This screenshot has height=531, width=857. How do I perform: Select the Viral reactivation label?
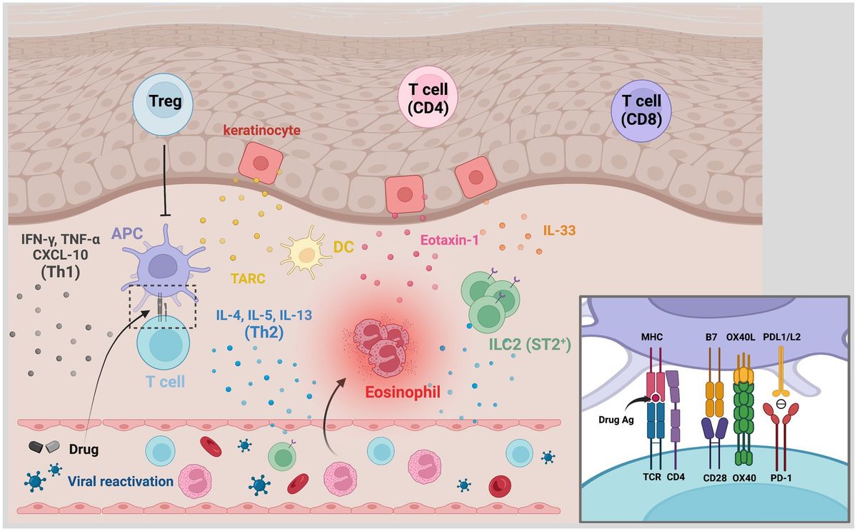coord(121,481)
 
